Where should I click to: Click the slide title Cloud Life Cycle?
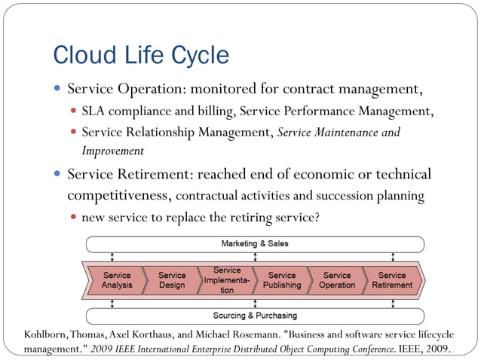(141, 55)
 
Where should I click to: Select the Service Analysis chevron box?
(116, 280)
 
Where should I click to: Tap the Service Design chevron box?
(172, 280)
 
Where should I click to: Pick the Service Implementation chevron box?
(226, 280)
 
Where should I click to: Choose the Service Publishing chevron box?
(282, 280)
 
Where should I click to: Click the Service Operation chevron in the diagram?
(337, 280)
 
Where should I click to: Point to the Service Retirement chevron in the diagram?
(392, 280)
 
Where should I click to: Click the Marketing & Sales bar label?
(254, 244)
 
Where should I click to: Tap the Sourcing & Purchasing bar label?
(254, 316)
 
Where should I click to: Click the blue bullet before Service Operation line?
(57, 89)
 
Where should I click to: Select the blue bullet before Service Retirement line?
(57, 175)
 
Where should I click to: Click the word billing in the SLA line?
(216, 112)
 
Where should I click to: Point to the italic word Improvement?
(113, 151)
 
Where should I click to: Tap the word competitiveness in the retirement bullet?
(120, 196)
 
